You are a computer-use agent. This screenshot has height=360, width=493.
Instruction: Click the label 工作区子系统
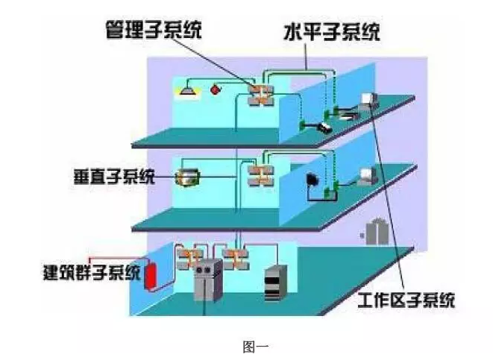tap(406, 300)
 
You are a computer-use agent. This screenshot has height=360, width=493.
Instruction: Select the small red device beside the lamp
tap(217, 90)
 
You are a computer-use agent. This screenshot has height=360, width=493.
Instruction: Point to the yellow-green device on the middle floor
tap(187, 177)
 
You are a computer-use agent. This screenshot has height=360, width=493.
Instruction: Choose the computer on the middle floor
tap(365, 176)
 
